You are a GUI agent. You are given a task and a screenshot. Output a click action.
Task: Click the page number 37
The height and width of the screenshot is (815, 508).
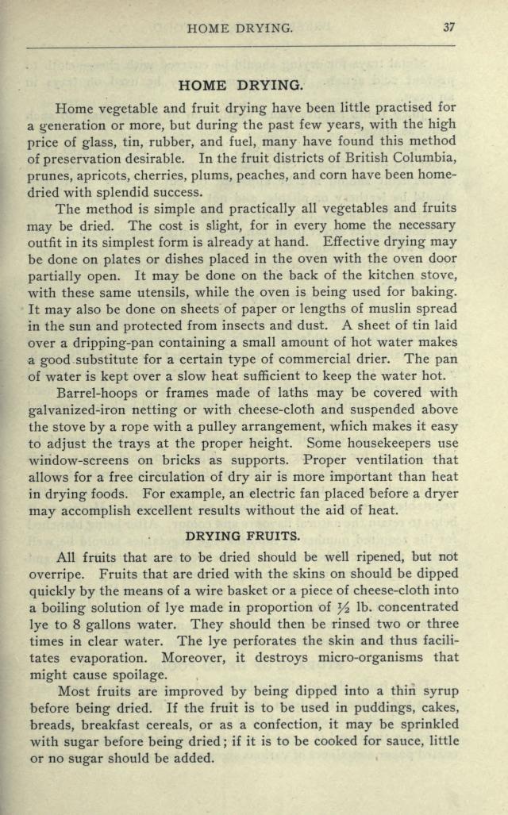coord(449,28)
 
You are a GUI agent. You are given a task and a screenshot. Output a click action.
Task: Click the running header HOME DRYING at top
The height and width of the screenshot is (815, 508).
coord(241,29)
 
